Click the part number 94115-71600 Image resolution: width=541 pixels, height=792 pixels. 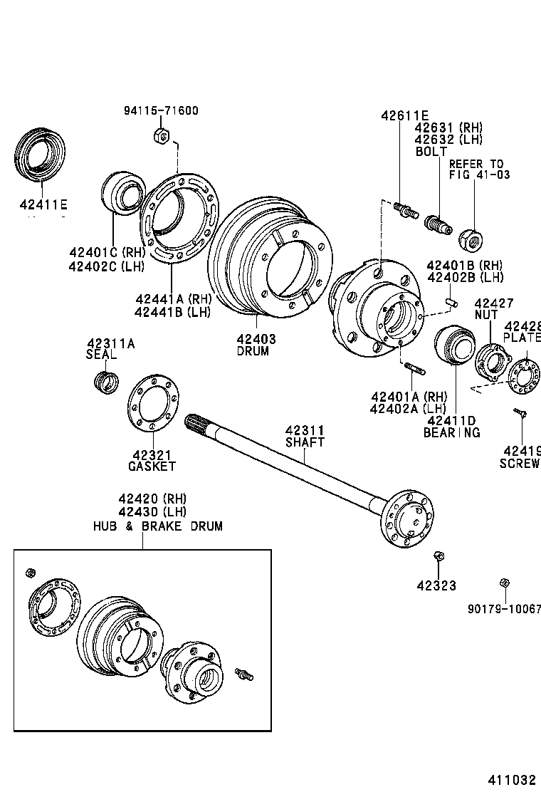(x=161, y=110)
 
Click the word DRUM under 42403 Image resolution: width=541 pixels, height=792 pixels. (x=253, y=351)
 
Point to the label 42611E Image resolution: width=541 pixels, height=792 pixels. (x=404, y=115)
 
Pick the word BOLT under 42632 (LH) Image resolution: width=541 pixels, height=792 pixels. (x=431, y=152)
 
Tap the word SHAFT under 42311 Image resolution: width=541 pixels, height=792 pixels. (x=305, y=442)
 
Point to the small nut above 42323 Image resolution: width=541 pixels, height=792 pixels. (x=438, y=556)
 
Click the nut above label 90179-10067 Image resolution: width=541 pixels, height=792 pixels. (x=504, y=583)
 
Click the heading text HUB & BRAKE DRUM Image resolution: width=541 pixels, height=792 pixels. (x=157, y=526)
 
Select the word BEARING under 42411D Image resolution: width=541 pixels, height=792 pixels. (x=451, y=432)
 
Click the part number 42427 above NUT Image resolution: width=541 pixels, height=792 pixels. (x=493, y=303)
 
